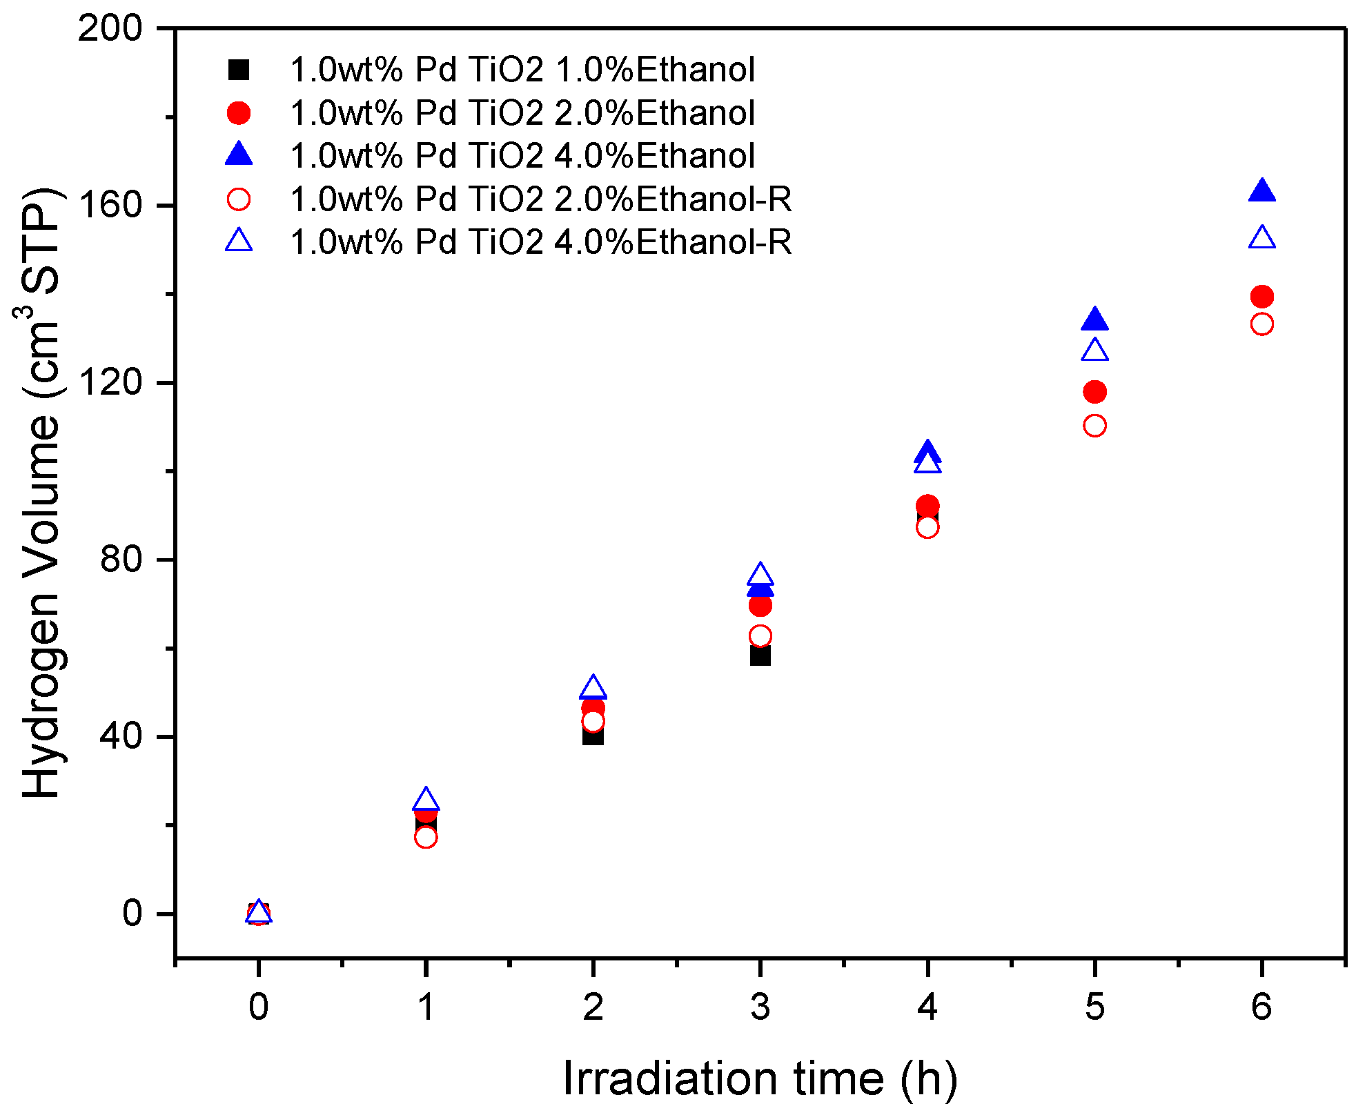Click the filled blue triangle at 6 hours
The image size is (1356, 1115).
click(x=1262, y=191)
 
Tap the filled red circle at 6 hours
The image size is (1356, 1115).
click(x=1262, y=297)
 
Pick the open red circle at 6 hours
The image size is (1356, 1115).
click(x=1262, y=324)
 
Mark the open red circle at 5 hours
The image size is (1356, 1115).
click(x=1095, y=426)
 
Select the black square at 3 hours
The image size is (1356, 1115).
click(x=760, y=655)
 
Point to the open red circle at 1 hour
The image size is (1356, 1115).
click(x=426, y=837)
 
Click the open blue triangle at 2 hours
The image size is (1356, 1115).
click(x=593, y=688)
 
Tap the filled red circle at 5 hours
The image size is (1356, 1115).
click(x=1095, y=392)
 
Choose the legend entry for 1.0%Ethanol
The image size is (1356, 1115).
click(x=522, y=70)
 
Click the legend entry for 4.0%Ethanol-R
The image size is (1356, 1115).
click(x=540, y=241)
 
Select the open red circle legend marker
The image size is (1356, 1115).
click(x=239, y=199)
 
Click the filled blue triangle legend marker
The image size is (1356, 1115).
click(x=239, y=155)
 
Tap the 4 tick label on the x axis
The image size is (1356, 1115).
click(x=927, y=1007)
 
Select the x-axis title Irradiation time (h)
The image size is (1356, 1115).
click(x=760, y=1078)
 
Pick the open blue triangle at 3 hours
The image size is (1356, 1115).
click(x=760, y=575)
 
